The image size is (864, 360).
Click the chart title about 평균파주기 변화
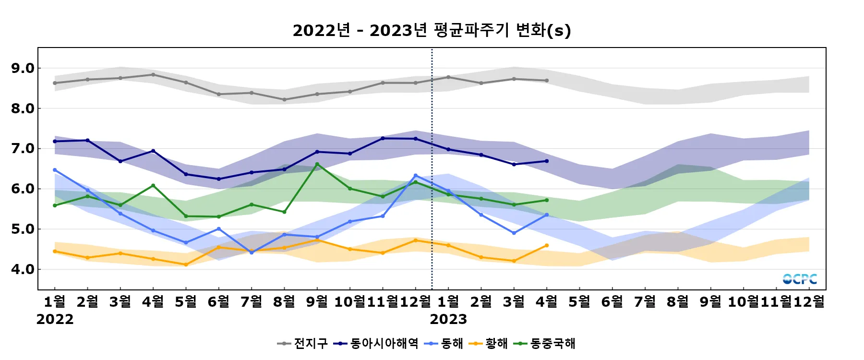pyautogui.click(x=432, y=30)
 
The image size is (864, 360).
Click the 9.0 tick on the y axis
pyautogui.click(x=23, y=68)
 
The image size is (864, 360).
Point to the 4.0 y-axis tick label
pyautogui.click(x=23, y=269)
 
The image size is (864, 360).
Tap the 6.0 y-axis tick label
pyautogui.click(x=23, y=189)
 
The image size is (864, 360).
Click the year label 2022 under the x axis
pyautogui.click(x=55, y=319)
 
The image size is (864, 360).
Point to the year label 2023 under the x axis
pyautogui.click(x=448, y=319)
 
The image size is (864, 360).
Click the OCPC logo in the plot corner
pyautogui.click(x=800, y=279)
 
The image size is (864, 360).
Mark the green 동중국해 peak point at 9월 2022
pyautogui.click(x=317, y=164)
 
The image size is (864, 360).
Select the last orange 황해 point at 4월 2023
pyautogui.click(x=547, y=246)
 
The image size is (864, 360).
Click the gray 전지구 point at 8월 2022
pyautogui.click(x=284, y=100)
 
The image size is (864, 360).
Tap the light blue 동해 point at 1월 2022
pyautogui.click(x=55, y=170)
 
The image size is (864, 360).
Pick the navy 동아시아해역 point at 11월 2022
pyautogui.click(x=383, y=138)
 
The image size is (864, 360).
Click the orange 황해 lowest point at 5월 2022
pyautogui.click(x=186, y=264)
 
